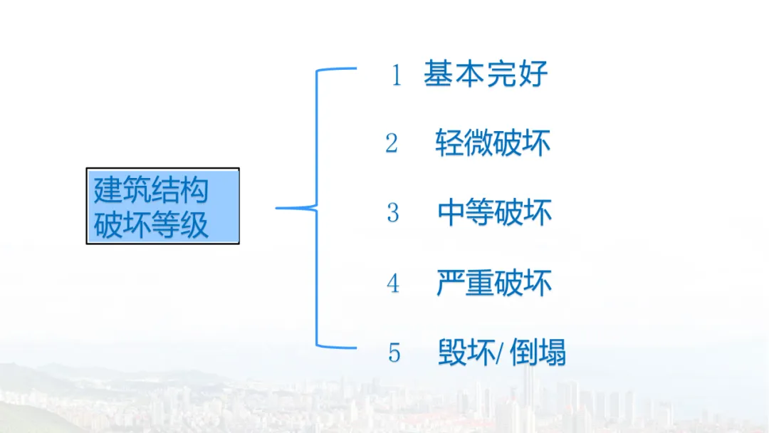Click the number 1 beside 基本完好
click(397, 75)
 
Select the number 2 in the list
click(392, 143)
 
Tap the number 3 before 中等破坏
click(393, 212)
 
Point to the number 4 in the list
click(393, 283)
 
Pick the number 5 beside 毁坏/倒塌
click(394, 353)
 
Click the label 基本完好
click(486, 74)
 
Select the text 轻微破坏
click(493, 143)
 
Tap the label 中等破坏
click(494, 212)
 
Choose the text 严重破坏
click(494, 283)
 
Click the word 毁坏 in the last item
click(466, 353)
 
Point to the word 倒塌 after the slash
click(538, 353)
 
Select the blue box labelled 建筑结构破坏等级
click(162, 206)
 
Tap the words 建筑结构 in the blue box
click(151, 190)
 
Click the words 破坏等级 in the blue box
click(151, 225)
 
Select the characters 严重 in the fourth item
click(465, 283)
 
